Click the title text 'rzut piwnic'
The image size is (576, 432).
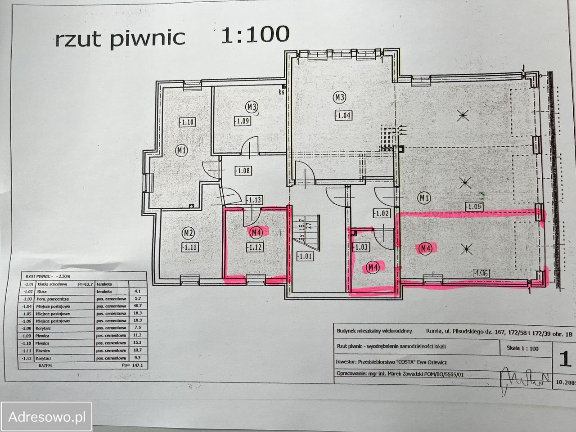pyautogui.click(x=120, y=39)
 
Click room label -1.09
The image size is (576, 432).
pyautogui.click(x=242, y=121)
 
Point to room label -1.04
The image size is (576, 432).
pyautogui.click(x=343, y=115)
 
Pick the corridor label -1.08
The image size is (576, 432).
pyautogui.click(x=243, y=171)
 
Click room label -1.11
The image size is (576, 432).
pyautogui.click(x=189, y=247)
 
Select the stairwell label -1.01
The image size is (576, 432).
pyautogui.click(x=304, y=256)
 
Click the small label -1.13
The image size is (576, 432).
pyautogui.click(x=254, y=199)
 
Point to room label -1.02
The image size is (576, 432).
pyautogui.click(x=381, y=213)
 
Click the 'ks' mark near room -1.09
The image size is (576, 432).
pyautogui.click(x=282, y=92)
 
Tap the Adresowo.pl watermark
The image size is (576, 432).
pyautogui.click(x=46, y=417)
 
